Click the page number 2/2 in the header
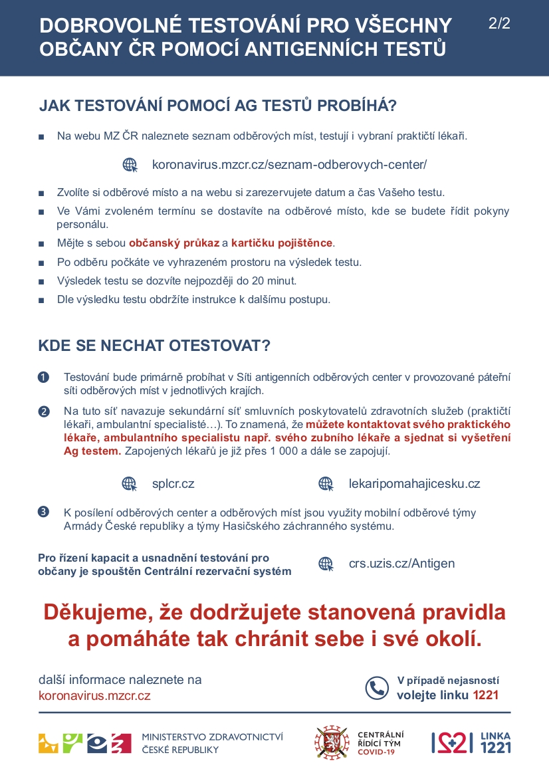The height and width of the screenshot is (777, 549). (499, 24)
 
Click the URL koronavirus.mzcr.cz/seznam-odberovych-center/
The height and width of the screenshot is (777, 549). (289, 164)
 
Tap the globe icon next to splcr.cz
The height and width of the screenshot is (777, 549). (129, 483)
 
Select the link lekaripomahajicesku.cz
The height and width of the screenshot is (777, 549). (414, 483)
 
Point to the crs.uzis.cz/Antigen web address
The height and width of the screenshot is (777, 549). (401, 564)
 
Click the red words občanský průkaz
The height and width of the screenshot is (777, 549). (174, 243)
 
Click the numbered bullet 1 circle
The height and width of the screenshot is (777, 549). (44, 378)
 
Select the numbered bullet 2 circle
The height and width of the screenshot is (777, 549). (44, 411)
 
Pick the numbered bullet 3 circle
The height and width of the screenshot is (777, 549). (44, 512)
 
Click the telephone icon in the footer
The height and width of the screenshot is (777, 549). (377, 687)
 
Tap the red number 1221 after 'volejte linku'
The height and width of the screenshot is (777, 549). (485, 696)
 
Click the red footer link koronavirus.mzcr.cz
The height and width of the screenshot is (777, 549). (94, 696)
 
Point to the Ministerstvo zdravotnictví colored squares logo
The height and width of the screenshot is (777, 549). (84, 742)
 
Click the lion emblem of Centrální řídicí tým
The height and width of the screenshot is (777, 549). (332, 742)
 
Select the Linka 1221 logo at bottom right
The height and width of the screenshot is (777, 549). (471, 742)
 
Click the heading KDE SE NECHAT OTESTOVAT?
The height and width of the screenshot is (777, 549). (154, 346)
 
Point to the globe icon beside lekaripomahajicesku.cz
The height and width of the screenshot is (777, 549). (326, 483)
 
